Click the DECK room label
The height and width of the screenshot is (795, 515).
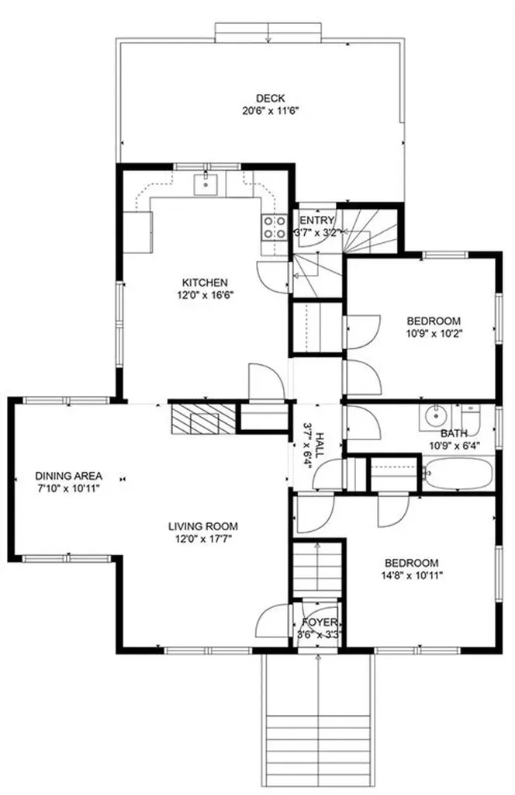point(271,98)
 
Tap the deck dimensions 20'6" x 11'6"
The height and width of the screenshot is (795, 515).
point(271,110)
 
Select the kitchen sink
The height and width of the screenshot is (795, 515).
point(206,184)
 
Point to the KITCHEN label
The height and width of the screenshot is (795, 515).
point(204,283)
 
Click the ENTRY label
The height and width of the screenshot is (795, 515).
point(316,220)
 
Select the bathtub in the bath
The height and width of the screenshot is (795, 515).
point(458,472)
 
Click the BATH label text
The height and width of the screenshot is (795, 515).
point(454,434)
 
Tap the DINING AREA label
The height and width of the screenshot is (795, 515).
point(69,476)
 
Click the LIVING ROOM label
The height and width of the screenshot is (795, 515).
point(203,525)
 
